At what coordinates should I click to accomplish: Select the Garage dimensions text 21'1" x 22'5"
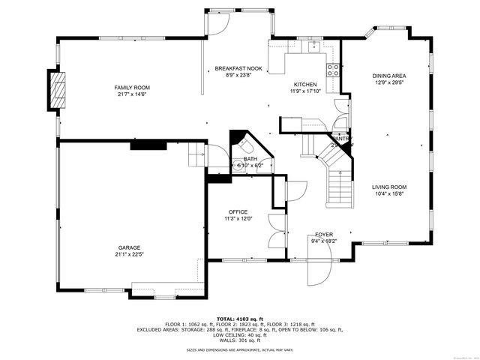click(x=128, y=253)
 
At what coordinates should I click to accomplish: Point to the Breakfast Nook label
click(x=238, y=68)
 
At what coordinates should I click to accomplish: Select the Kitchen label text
click(x=304, y=85)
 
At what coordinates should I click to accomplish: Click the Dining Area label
click(x=389, y=76)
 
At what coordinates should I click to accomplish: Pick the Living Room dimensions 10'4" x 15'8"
click(x=389, y=193)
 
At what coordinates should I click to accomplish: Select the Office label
click(x=238, y=212)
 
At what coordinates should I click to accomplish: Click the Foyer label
click(x=324, y=234)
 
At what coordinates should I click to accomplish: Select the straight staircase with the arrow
click(x=339, y=187)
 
